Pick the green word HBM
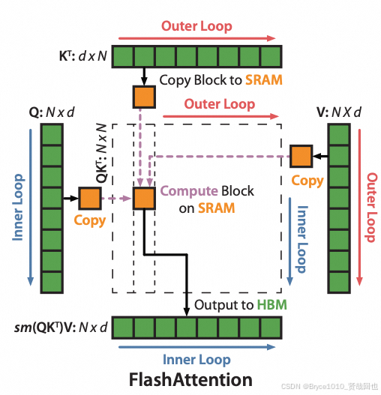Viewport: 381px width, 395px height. (x=272, y=306)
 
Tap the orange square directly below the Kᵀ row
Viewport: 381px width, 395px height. (x=142, y=96)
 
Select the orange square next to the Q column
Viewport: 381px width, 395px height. (x=90, y=199)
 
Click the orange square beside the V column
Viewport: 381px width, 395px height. (x=301, y=156)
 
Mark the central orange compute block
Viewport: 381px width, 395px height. (x=142, y=199)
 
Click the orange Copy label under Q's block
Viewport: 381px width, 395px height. (x=90, y=221)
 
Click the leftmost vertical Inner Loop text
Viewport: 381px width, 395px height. (x=19, y=208)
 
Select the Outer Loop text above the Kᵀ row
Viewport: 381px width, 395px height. (x=197, y=26)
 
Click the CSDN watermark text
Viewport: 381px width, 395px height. (x=329, y=385)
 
